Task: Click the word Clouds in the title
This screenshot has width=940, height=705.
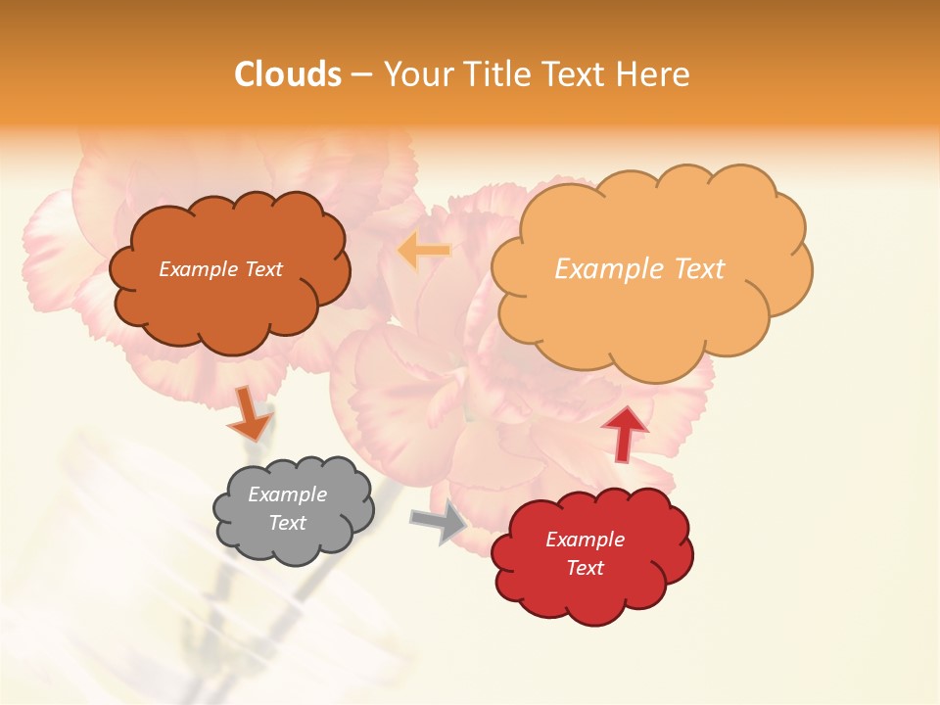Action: pos(288,74)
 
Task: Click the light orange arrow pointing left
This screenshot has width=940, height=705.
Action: pos(424,252)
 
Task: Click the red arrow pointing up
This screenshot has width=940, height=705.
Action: pos(625,432)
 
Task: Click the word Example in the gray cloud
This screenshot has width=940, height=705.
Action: pos(287,494)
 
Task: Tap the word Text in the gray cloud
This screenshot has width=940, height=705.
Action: pos(288,523)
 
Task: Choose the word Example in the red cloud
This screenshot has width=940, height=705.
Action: pos(585,540)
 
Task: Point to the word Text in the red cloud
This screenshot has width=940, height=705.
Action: pos(585,568)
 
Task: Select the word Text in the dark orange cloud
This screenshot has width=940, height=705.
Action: pos(263,269)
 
